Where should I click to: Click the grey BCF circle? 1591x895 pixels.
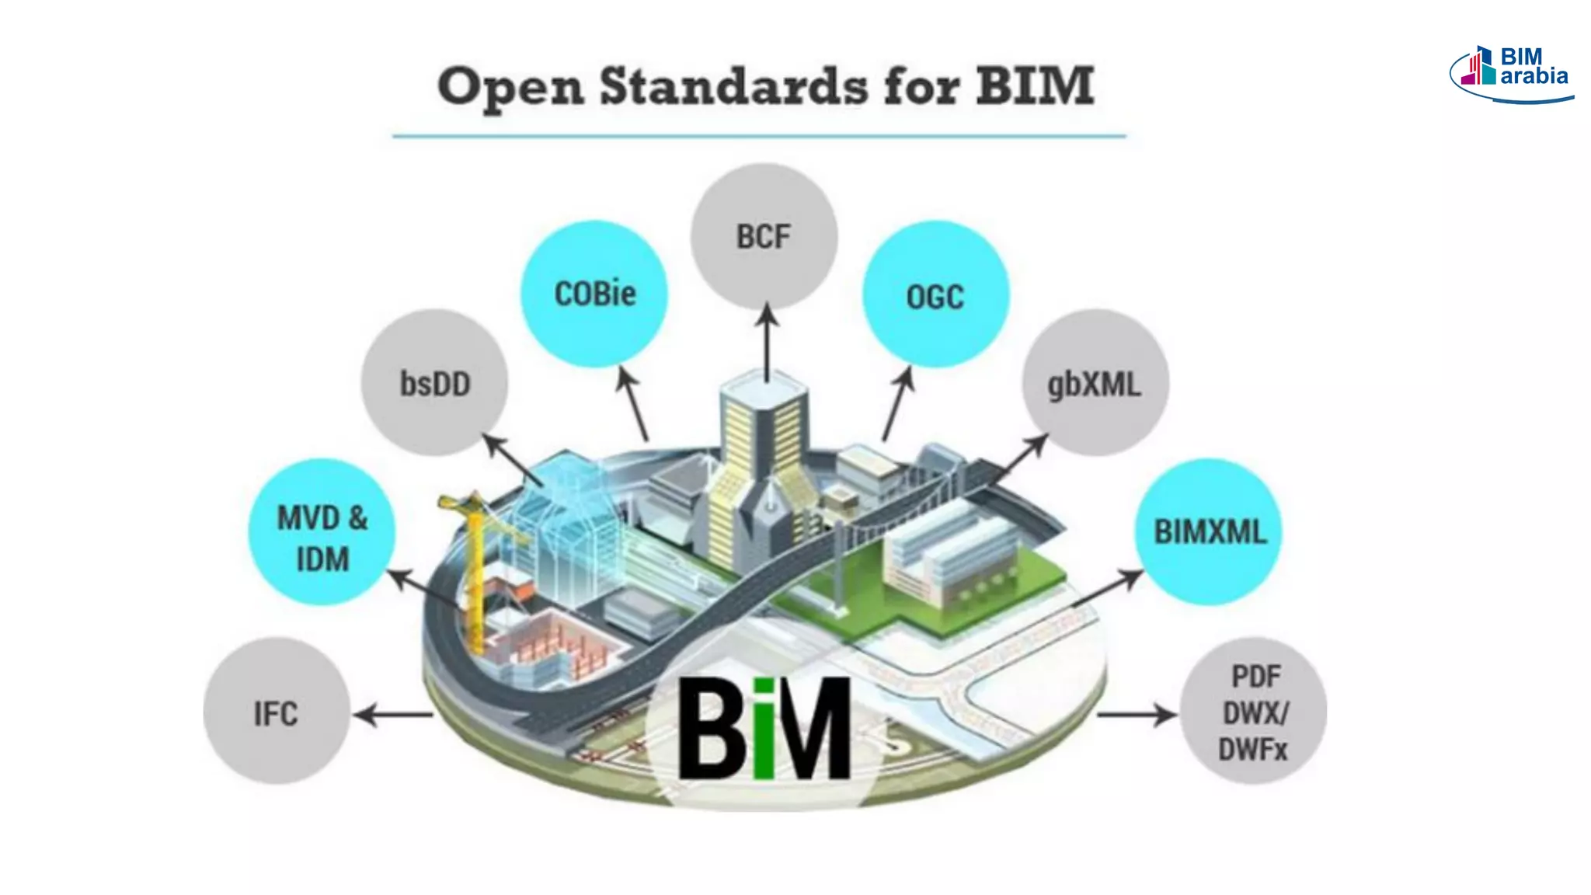coord(764,236)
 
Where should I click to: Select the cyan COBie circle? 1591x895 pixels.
coord(594,294)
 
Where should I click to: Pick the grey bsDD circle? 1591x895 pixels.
coord(435,383)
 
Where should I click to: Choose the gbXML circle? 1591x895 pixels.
coord(1095,383)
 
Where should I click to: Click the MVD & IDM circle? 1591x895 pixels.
coord(322,533)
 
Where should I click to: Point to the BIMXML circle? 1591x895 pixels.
coord(1208,533)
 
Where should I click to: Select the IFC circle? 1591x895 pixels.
coord(277,712)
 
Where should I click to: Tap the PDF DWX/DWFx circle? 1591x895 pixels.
coord(1253,712)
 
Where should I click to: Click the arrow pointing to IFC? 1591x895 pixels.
coord(393,714)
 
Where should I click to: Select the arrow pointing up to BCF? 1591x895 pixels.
coord(768,342)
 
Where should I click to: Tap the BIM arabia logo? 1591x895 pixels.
coord(1511,71)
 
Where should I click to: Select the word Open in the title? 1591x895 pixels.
coord(510,88)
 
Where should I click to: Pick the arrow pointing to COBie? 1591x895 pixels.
coord(633,404)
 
